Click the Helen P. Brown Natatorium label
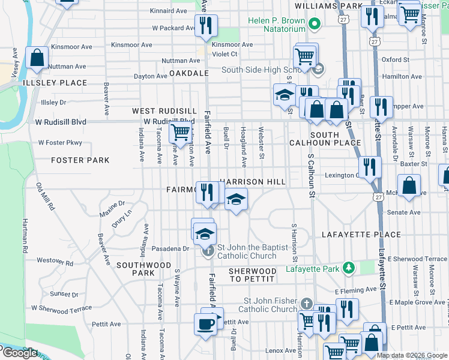point(277,25)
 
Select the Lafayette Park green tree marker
point(347,268)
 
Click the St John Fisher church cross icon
point(307,304)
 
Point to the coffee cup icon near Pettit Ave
point(206,324)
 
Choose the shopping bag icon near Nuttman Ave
point(37,58)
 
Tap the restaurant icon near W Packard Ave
point(205,25)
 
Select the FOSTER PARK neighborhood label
point(80,160)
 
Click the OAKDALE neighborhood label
point(188,73)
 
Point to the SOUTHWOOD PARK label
point(143,269)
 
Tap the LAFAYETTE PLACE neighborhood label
point(361,235)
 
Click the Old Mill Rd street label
point(45,196)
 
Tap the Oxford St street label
point(395,60)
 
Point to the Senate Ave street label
point(403,212)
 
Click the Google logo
point(19,353)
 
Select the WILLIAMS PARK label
point(328,6)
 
